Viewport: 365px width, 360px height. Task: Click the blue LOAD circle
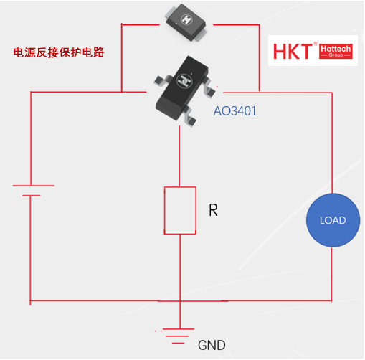(333, 220)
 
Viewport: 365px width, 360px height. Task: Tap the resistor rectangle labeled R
(180, 210)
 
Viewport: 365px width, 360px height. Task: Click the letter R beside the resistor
(213, 210)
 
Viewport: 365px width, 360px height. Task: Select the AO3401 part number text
(235, 111)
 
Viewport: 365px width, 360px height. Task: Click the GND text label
(212, 345)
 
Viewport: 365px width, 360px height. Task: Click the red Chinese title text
(59, 52)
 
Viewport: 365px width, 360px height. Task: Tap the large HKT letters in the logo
(293, 51)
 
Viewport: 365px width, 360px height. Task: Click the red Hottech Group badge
(336, 51)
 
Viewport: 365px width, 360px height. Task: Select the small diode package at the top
(186, 23)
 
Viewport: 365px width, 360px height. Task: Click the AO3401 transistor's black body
(181, 87)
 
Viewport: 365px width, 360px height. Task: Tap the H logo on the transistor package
(184, 81)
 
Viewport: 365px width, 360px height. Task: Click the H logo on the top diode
(186, 19)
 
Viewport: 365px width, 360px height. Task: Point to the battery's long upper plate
(34, 186)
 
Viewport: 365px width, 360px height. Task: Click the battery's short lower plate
(32, 196)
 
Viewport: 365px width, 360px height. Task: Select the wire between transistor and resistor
(179, 156)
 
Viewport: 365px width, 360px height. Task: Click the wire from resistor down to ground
(180, 282)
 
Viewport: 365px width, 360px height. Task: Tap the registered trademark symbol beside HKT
(316, 44)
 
